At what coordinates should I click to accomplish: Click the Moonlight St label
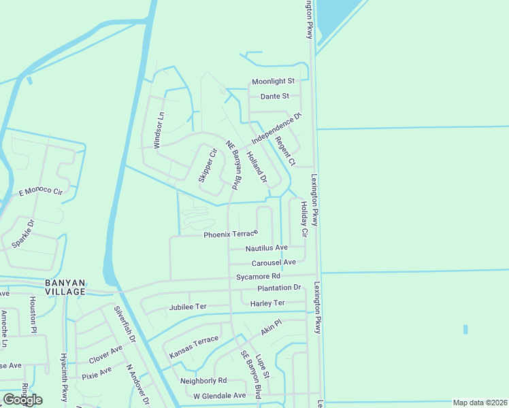pyautogui.click(x=272, y=82)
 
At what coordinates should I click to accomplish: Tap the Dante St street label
pyautogui.click(x=271, y=97)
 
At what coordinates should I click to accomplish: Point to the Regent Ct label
pyautogui.click(x=285, y=151)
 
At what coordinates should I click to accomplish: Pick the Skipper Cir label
pyautogui.click(x=207, y=165)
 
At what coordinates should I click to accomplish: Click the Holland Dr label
pyautogui.click(x=257, y=167)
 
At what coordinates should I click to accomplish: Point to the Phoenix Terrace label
pyautogui.click(x=231, y=235)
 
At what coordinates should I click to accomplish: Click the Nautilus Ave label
pyautogui.click(x=267, y=248)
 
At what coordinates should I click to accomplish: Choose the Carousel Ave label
pyautogui.click(x=274, y=262)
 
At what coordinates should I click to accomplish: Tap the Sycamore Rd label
pyautogui.click(x=258, y=277)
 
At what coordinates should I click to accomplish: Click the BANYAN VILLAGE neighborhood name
pyautogui.click(x=65, y=287)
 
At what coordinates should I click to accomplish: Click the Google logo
pyautogui.click(x=22, y=400)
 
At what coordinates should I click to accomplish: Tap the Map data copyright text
pyautogui.click(x=480, y=403)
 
